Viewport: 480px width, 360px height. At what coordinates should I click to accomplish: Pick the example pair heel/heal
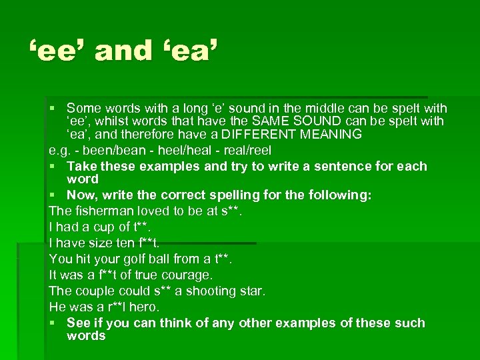[177, 150]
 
